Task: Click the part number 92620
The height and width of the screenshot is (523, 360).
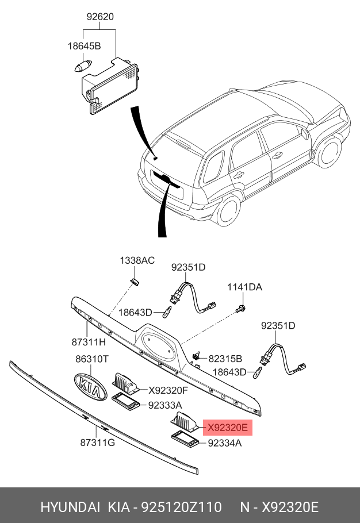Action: pos(100,17)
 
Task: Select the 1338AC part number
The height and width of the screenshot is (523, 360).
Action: pos(137,261)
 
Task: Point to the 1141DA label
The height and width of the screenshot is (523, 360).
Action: pos(244,287)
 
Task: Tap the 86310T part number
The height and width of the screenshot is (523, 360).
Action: pos(92,359)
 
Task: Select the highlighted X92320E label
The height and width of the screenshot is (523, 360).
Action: pos(227,428)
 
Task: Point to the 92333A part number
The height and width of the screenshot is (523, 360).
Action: pos(166,405)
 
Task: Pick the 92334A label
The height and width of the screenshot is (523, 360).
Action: pos(224,443)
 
